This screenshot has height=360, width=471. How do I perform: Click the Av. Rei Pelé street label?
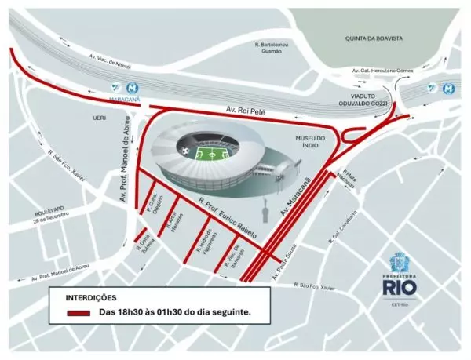tap(245, 113)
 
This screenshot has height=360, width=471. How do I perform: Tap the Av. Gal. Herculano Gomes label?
tap(382, 71)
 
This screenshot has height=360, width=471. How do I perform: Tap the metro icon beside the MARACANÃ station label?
tap(115, 89)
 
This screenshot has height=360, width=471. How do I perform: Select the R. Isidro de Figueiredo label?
tap(203, 246)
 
